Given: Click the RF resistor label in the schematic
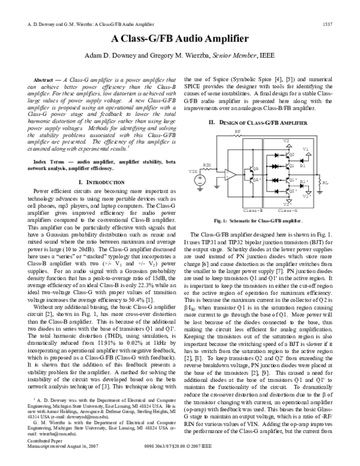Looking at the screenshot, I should pos(238,130).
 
